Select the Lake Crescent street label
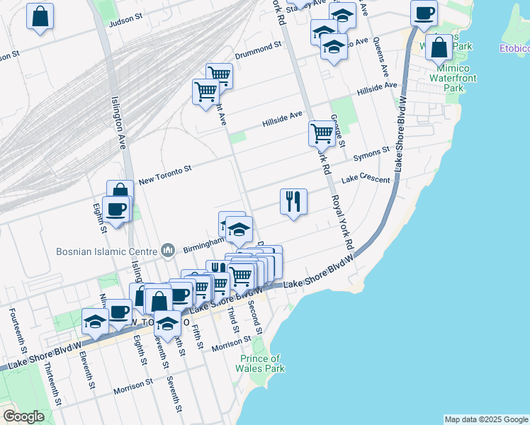[366, 180]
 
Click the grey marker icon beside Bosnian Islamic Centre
[168, 250]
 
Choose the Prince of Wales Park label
[260, 363]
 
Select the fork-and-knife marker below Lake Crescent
[293, 201]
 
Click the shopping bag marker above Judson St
[40, 15]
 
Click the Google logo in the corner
[23, 416]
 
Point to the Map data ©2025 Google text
[485, 419]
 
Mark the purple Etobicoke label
[514, 49]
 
